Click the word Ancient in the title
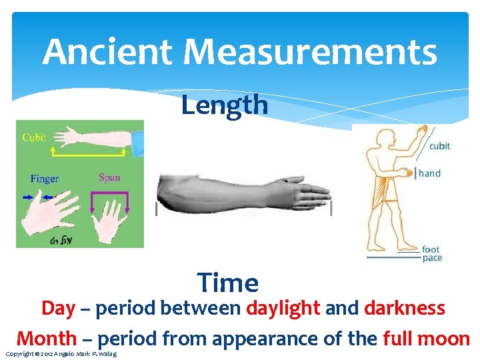107,53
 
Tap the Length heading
225,105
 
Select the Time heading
228,283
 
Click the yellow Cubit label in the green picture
34,137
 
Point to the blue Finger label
44,179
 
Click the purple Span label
109,177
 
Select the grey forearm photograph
243,192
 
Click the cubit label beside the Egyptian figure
439,146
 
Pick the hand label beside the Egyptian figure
429,173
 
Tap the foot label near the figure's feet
431,250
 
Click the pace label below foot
432,259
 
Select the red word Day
58,309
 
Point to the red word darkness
405,309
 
